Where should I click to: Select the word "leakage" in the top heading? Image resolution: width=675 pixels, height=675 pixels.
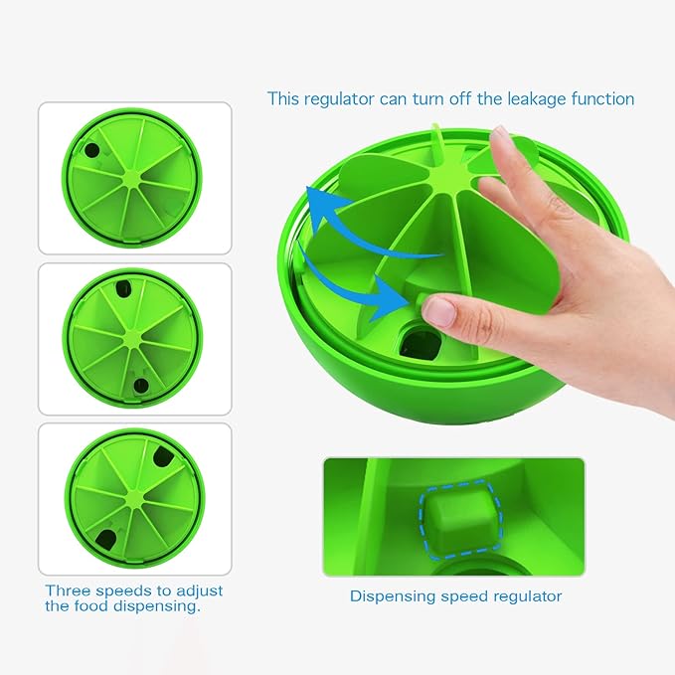pyautogui.click(x=525, y=98)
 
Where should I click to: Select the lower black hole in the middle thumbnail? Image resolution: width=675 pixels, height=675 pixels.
pyautogui.click(x=140, y=385)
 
